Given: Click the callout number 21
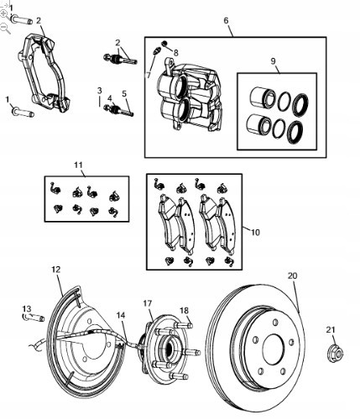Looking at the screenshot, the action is tap(331, 330).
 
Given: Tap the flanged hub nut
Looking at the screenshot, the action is tap(335, 354).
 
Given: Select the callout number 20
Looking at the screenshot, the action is tap(292, 276).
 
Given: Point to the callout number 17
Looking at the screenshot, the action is tap(148, 303).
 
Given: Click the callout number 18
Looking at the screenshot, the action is tap(185, 311).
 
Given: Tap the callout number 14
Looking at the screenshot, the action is tap(121, 315).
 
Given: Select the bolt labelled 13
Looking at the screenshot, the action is tap(34, 318).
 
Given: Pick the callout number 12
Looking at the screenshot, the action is tap(56, 270).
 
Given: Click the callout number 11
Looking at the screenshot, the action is tap(79, 165).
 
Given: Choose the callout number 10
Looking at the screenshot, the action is tap(255, 232).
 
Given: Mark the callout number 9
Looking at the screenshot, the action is tap(273, 60).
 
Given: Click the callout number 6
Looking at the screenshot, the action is tap(226, 20).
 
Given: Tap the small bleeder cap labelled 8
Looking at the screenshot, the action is tap(164, 43).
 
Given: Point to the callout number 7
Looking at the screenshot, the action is tap(149, 75).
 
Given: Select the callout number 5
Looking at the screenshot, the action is tap(124, 93).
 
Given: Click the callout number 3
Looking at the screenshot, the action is tap(100, 91).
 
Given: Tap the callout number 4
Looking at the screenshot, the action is tap(110, 98).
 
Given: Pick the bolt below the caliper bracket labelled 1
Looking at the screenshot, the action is tap(23, 112).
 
